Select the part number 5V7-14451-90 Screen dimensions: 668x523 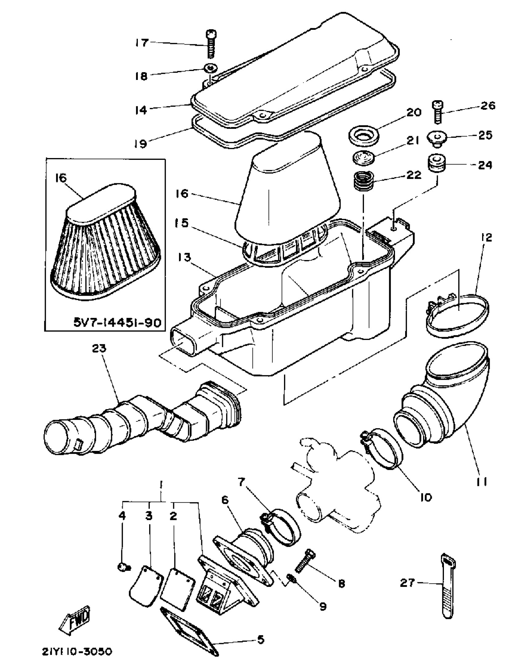click(117, 323)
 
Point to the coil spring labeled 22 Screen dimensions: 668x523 click(363, 182)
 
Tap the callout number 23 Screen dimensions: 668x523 click(99, 348)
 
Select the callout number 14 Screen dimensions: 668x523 click(142, 110)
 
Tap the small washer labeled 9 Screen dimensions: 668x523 click(292, 579)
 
